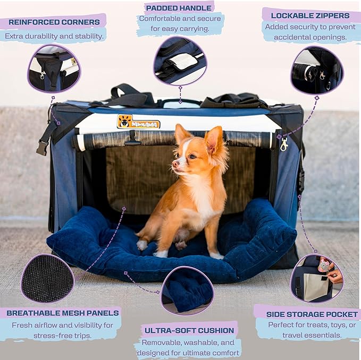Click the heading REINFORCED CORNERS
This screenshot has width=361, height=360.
pos(54,22)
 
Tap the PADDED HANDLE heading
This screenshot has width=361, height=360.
pos(180,8)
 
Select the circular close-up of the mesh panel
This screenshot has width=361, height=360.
pos(48,278)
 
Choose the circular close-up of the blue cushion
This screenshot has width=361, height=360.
pos(187,290)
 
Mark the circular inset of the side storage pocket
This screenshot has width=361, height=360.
pos(317,278)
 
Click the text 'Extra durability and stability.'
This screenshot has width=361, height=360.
pos(53,37)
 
